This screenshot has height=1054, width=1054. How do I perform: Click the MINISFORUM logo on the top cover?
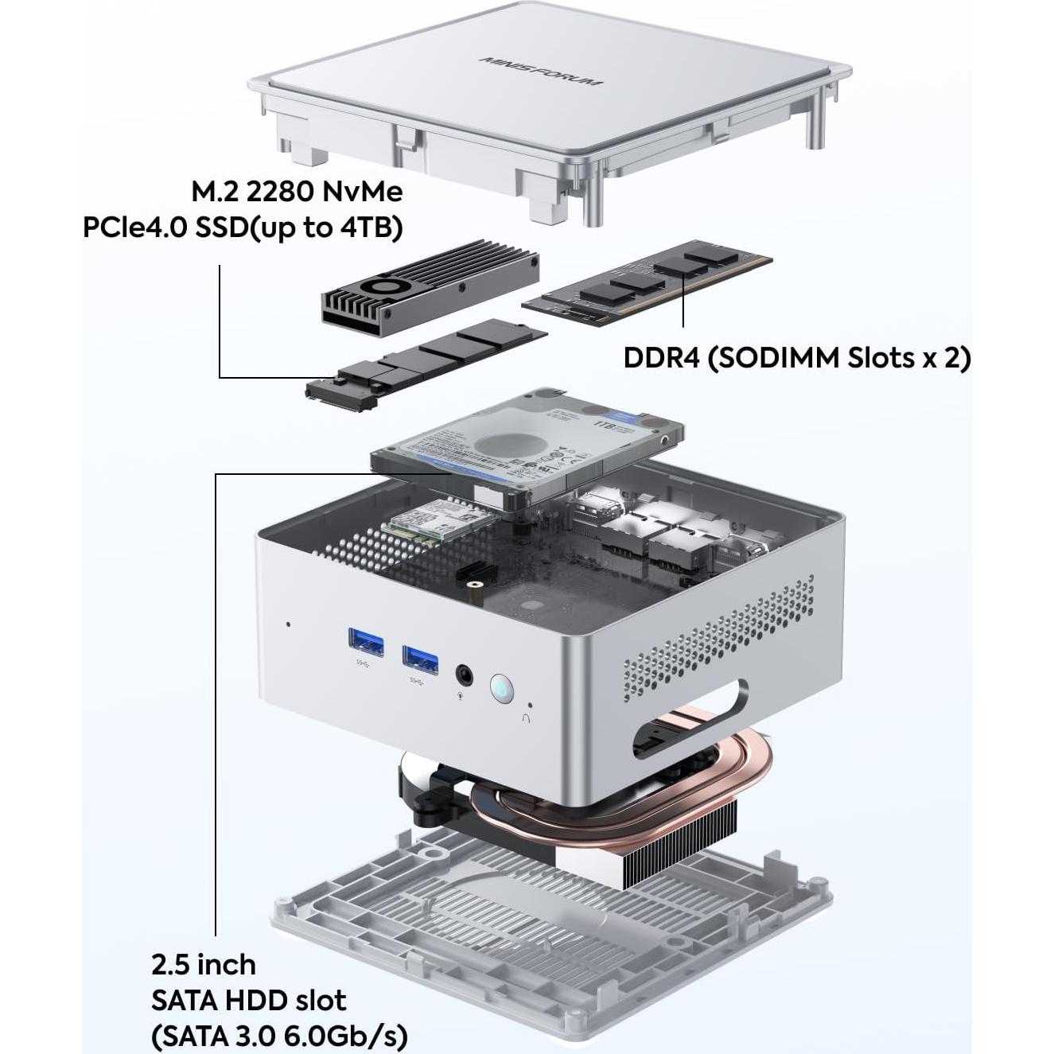[x=540, y=71]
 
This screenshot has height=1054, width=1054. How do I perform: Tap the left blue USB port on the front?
[x=366, y=642]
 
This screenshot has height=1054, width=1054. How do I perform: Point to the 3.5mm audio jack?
[x=464, y=675]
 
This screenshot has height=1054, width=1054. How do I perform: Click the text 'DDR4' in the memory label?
[x=661, y=358]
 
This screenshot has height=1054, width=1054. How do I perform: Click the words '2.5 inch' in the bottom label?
[x=204, y=965]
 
